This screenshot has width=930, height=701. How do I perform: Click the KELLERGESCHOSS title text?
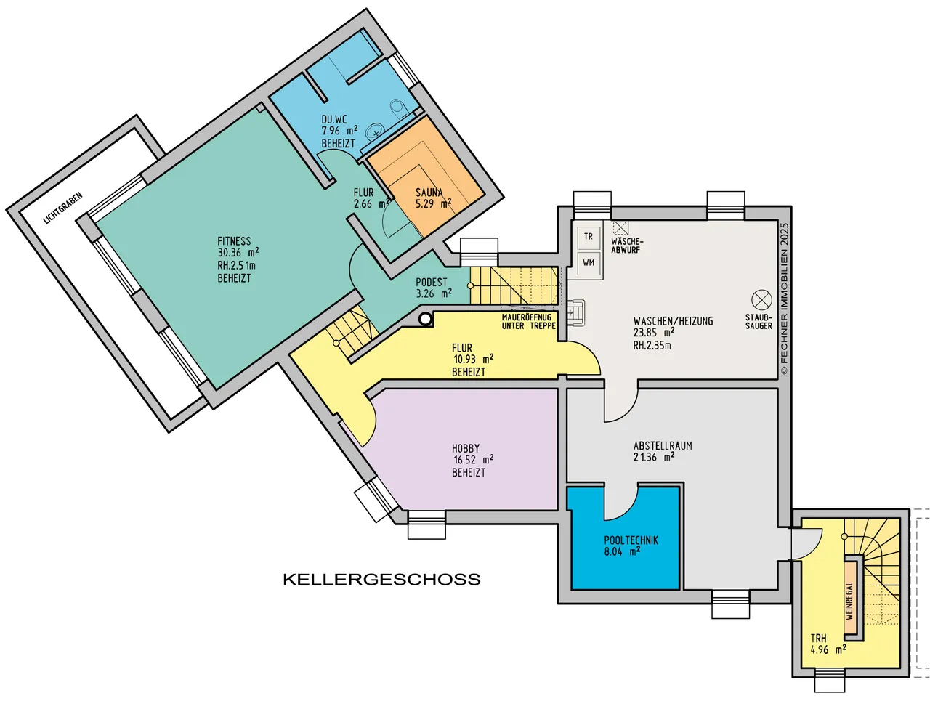[381, 579]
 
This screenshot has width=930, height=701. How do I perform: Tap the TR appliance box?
[588, 236]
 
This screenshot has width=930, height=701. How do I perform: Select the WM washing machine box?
[588, 263]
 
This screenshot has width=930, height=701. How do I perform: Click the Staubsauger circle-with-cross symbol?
[761, 300]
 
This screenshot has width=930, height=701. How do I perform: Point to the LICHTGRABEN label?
[62, 208]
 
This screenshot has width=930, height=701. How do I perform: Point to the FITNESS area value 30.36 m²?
[238, 253]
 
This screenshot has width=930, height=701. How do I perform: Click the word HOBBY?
[466, 448]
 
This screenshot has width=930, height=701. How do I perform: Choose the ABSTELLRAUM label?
[663, 445]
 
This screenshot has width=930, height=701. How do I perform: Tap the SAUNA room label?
[429, 193]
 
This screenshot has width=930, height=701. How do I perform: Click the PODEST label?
[432, 282]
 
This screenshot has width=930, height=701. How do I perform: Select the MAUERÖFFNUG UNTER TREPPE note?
[528, 321]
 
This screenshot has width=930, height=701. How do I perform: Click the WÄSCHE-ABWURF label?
[627, 246]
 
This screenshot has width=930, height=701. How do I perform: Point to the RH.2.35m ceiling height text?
[652, 345]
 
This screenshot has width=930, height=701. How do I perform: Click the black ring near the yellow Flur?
[425, 320]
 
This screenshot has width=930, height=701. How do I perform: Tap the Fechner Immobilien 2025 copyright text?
[785, 299]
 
